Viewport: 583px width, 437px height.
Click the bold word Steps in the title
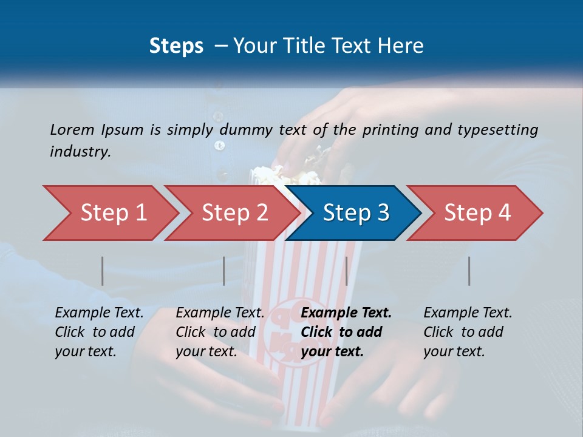176,46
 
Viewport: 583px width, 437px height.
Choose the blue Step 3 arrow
355,213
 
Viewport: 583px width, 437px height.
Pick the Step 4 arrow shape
477,213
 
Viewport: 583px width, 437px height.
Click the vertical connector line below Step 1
102,271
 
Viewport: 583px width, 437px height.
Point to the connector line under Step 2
224,271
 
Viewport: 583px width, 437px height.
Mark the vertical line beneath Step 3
346,271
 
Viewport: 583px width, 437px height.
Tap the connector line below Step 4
469,271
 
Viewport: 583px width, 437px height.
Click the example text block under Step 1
99,332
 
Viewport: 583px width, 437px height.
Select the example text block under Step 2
220,332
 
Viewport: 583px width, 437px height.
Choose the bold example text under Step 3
346,332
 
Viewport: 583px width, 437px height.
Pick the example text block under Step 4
468,332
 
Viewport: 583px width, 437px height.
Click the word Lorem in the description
72,129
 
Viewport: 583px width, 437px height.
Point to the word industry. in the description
80,152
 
